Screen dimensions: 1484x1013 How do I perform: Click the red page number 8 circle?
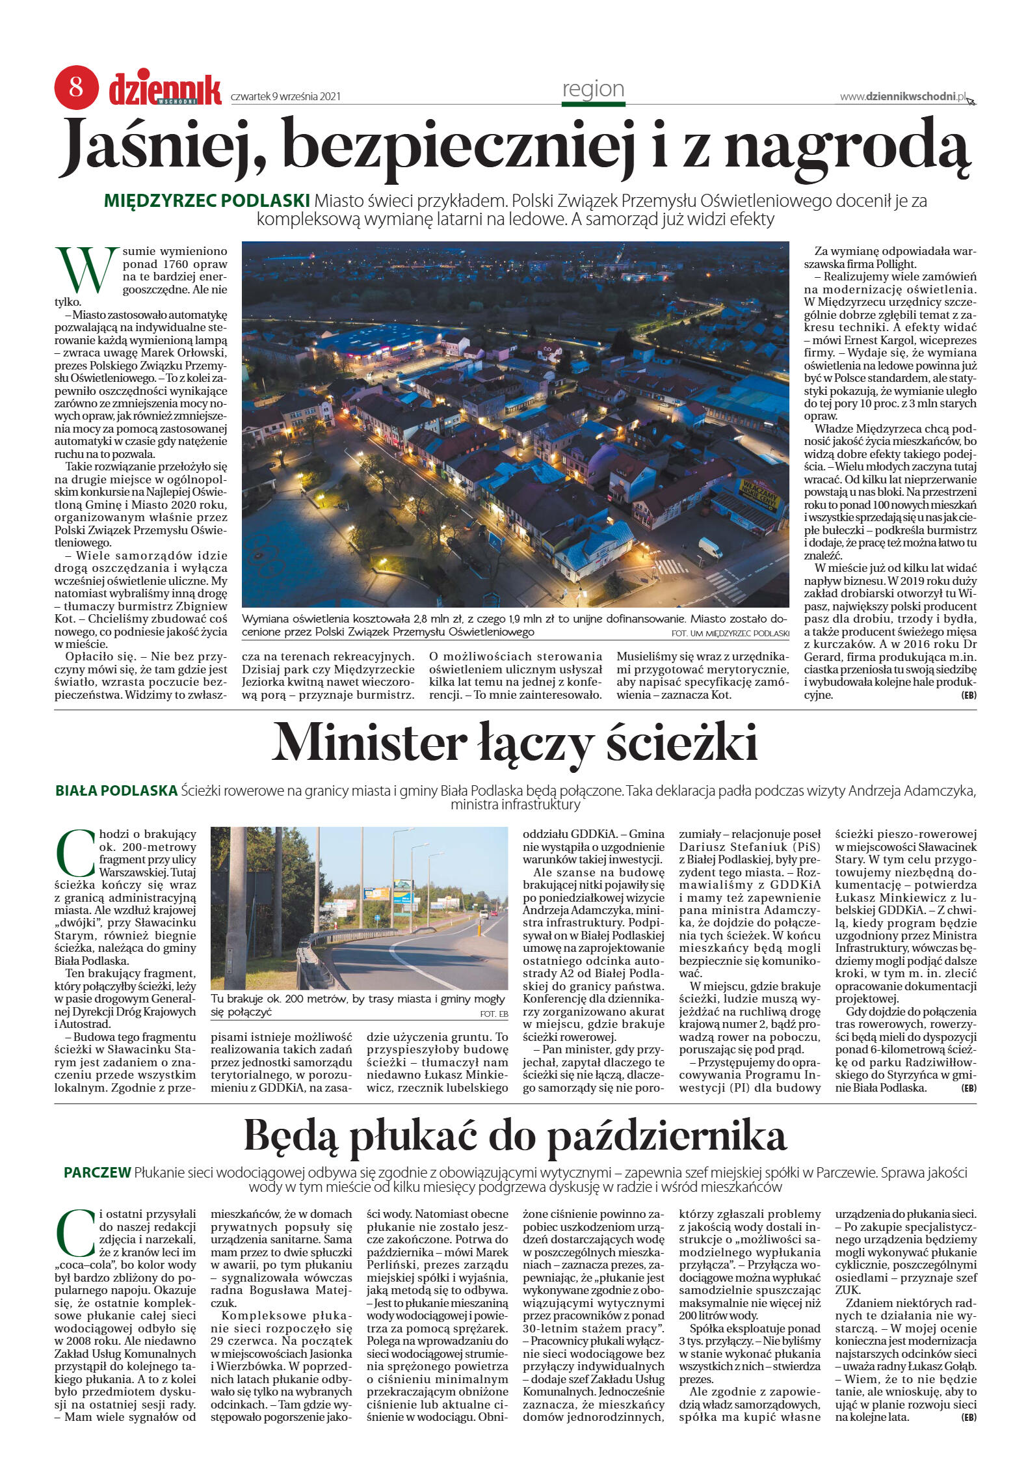(76, 87)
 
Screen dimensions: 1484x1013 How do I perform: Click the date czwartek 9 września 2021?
(285, 97)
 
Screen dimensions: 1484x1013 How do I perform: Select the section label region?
(593, 88)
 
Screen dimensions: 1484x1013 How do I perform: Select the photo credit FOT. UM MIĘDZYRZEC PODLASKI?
(730, 633)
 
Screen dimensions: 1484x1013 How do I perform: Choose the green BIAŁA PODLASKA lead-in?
(116, 790)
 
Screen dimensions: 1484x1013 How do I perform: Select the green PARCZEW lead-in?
(97, 1172)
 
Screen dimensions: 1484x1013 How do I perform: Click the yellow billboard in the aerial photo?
(757, 489)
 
